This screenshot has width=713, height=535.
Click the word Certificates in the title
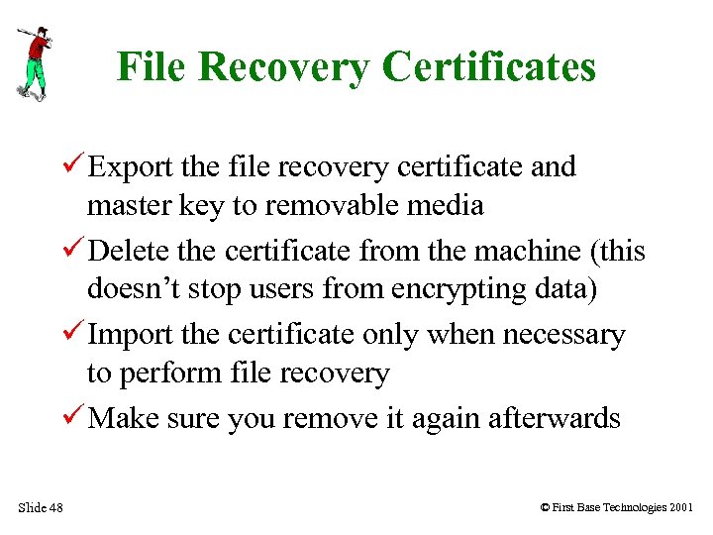click(x=489, y=67)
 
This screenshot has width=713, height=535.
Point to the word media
click(x=448, y=205)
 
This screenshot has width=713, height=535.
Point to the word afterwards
click(x=555, y=419)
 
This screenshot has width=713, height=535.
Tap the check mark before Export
click(x=75, y=166)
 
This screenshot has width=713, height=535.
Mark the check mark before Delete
click(x=75, y=251)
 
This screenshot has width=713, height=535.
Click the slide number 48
click(x=54, y=508)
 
